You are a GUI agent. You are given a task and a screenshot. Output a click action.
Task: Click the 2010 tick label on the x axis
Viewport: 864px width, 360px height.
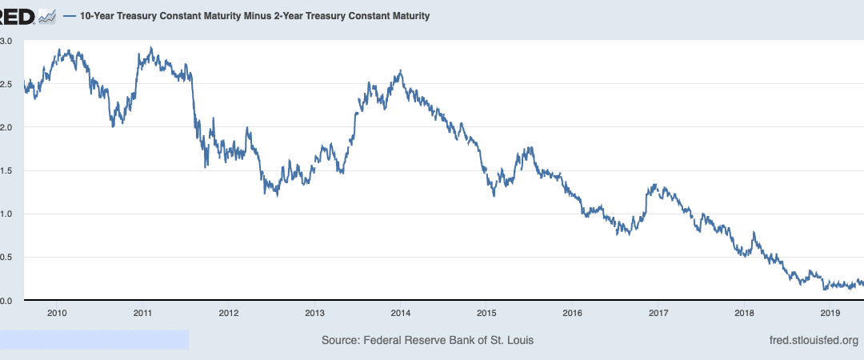coord(56,313)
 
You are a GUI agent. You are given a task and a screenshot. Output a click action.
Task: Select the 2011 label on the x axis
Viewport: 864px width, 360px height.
coord(143,313)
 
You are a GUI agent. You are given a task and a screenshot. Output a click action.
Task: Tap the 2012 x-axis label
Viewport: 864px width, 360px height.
coord(228,313)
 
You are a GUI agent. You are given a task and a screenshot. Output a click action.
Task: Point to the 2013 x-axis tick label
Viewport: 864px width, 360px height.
coord(314,313)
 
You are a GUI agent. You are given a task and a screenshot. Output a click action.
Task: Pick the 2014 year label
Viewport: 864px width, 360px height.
coord(400,313)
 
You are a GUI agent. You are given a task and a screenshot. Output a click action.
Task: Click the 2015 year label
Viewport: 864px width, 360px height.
coord(486,313)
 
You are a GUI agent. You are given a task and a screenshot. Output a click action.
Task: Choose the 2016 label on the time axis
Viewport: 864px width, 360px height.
coord(572,313)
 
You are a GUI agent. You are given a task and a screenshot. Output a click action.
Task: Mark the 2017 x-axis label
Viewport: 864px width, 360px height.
coord(658,313)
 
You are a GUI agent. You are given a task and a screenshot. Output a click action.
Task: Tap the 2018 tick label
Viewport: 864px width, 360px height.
coord(744,313)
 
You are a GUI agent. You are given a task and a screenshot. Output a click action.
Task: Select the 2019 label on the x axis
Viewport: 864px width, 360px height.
coord(830,313)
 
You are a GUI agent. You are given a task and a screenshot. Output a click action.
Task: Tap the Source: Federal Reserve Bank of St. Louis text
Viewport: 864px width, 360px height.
coord(427,340)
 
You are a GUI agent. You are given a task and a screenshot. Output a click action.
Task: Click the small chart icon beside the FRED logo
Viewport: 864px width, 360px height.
coord(46,16)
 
